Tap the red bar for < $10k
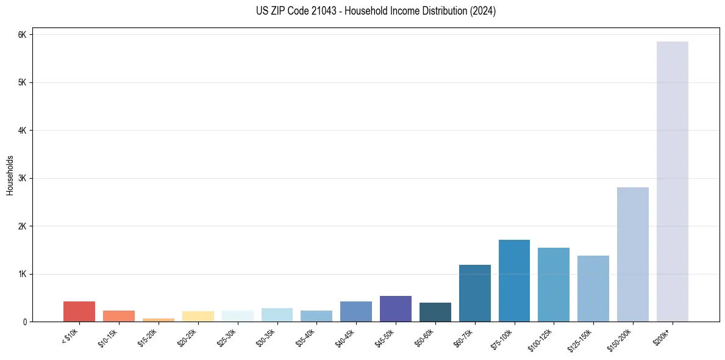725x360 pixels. coord(79,311)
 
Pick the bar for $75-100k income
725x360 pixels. coord(514,281)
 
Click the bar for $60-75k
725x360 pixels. coord(474,293)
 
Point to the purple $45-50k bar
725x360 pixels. coord(396,309)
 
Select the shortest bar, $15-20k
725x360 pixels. coord(159,320)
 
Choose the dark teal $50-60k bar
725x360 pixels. coord(435,312)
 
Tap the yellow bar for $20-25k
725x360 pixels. coord(198,316)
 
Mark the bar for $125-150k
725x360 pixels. coord(593,289)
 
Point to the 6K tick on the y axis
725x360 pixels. coord(22,35)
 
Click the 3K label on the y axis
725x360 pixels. coord(22,178)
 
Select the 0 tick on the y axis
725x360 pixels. coord(24,322)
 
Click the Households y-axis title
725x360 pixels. coord(10,175)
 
